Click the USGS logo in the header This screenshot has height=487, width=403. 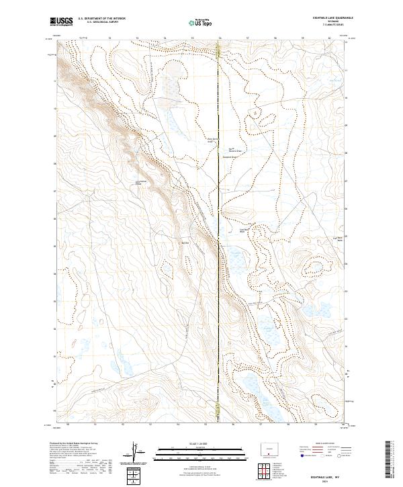[x=61, y=22]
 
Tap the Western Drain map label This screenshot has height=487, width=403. [x=233, y=150]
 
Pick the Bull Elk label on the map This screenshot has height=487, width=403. [x=186, y=242]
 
